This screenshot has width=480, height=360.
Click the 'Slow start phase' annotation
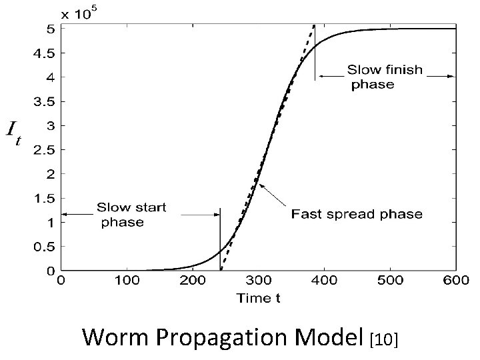[x=132, y=215]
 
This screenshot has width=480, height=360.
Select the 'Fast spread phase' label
[x=356, y=214]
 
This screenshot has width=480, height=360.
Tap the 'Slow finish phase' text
[x=386, y=77]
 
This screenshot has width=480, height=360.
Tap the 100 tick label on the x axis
[x=127, y=282]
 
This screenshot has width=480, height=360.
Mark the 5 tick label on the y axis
[x=51, y=29]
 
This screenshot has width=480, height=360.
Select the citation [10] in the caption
[x=383, y=339]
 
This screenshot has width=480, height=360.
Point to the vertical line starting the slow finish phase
[x=315, y=53]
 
